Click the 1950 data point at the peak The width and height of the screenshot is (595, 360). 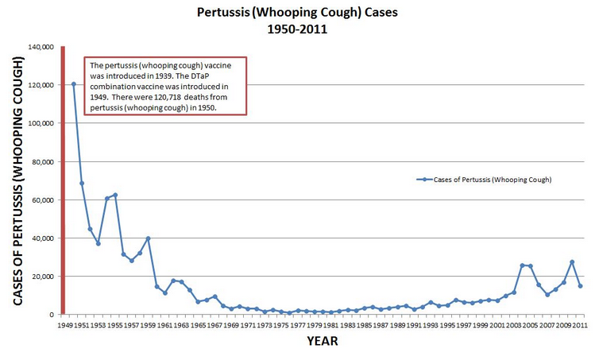[74, 84]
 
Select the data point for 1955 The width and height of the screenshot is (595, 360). [115, 195]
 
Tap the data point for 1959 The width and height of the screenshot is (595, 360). [149, 238]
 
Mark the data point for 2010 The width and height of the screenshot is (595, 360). [572, 262]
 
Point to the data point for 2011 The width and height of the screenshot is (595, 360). [581, 286]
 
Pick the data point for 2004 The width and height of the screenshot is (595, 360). [522, 265]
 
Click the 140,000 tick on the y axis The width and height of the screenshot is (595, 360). [41, 47]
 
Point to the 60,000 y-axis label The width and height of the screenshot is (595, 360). [43, 199]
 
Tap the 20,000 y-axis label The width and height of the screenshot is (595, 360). [43, 277]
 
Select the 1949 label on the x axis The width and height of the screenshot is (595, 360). [65, 326]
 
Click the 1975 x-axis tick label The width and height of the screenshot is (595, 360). [280, 326]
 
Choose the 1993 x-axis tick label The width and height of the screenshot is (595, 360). [430, 326]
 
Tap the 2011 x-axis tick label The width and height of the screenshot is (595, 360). [580, 326]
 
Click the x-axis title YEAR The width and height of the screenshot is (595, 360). [323, 341]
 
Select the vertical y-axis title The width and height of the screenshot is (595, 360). [17, 180]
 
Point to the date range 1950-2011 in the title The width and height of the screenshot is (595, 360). [297, 29]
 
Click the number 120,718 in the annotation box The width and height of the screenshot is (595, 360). [168, 97]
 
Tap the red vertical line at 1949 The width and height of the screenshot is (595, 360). [63, 180]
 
